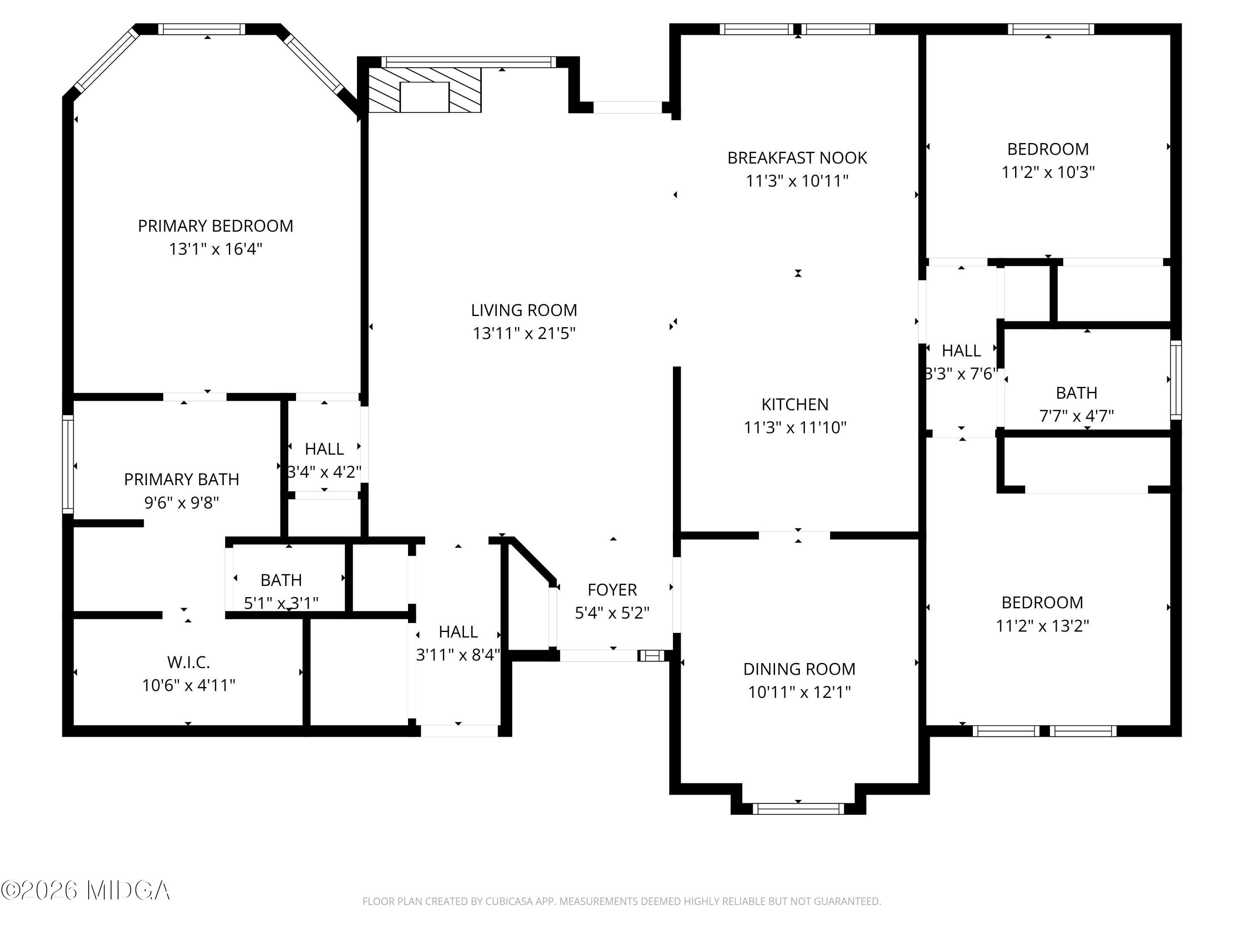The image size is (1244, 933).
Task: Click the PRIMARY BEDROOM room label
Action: click(x=215, y=226)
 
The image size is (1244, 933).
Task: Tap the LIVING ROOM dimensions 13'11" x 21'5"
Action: click(x=524, y=333)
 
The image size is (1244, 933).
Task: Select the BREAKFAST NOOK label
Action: click(x=797, y=158)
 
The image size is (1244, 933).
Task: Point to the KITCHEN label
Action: click(x=795, y=404)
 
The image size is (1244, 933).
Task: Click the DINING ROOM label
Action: click(x=799, y=669)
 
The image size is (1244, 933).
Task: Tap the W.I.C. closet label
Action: click(x=188, y=663)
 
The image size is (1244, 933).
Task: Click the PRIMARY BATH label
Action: click(x=182, y=479)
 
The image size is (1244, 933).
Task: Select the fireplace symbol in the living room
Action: click(x=425, y=90)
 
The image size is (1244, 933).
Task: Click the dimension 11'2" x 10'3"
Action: click(x=1048, y=172)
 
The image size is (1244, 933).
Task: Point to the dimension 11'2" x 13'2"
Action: click(x=1042, y=626)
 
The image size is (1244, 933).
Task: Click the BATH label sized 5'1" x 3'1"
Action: click(x=281, y=580)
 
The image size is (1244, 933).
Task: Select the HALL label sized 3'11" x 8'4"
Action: click(x=458, y=632)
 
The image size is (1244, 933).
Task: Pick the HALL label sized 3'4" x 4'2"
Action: click(x=325, y=449)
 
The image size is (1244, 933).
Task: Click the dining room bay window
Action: click(x=798, y=809)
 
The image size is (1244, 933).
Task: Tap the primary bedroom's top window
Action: click(x=202, y=29)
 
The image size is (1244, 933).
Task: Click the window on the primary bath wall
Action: click(x=68, y=464)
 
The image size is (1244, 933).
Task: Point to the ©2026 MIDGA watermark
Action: click(x=85, y=890)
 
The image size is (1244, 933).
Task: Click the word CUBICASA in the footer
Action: click(x=510, y=901)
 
